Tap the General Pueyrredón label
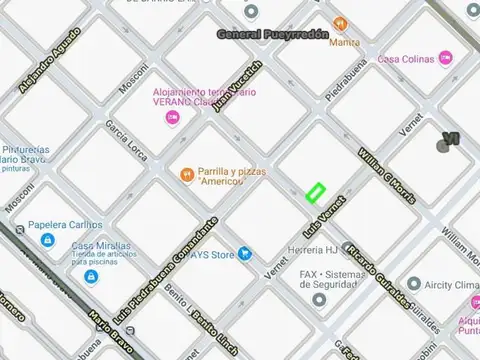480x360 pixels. click(x=273, y=34)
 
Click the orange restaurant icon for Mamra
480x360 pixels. click(x=340, y=23)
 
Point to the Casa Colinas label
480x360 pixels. click(x=405, y=60)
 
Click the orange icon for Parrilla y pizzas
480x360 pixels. click(x=186, y=176)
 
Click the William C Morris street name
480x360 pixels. click(x=386, y=172)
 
